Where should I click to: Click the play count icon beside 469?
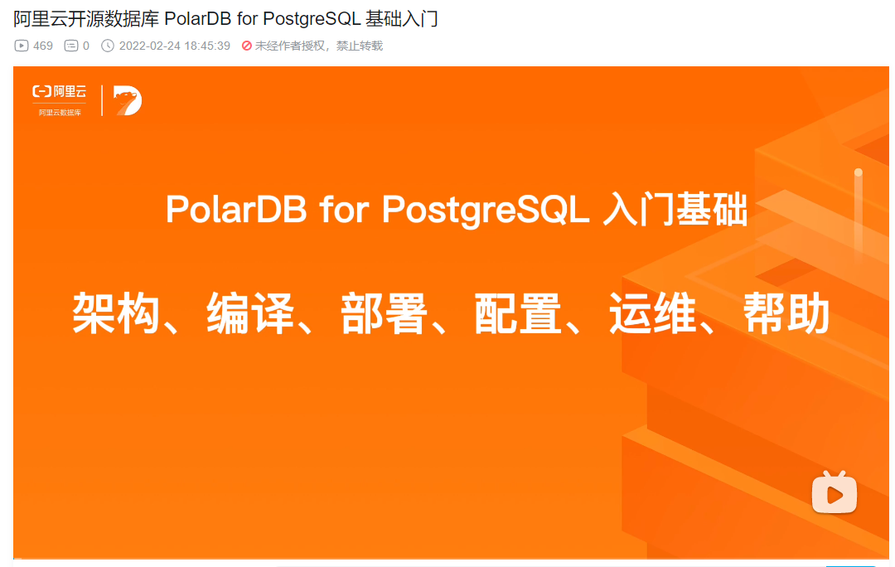click(21, 46)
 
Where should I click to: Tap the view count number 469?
click(43, 46)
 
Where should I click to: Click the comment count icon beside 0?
click(70, 46)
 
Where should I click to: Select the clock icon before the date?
click(107, 46)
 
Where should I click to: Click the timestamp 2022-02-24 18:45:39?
click(175, 46)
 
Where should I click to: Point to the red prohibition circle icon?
click(247, 46)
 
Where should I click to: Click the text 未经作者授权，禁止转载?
click(318, 46)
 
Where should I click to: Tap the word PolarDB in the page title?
click(198, 19)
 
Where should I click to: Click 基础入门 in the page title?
click(401, 19)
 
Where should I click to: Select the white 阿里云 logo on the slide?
click(60, 91)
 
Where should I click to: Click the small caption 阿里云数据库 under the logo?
click(60, 113)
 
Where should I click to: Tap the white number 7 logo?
click(128, 100)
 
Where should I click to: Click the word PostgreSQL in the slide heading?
click(485, 210)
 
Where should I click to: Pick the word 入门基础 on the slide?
click(675, 209)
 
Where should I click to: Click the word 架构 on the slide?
click(115, 313)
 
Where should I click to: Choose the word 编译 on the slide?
click(250, 313)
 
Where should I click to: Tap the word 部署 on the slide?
click(385, 313)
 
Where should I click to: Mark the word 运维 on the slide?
click(652, 313)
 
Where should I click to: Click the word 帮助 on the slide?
click(786, 313)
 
